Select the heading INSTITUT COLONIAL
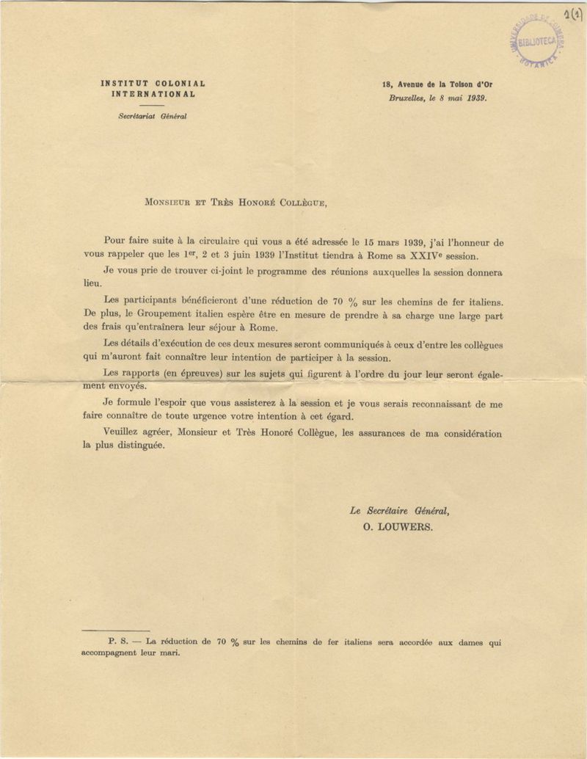pos(153,84)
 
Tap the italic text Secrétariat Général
pos(153,116)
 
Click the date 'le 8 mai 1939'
pos(459,96)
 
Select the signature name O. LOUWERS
pos(398,526)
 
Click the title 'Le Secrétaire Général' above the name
pos(399,511)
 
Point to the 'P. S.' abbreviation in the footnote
pos(118,641)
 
